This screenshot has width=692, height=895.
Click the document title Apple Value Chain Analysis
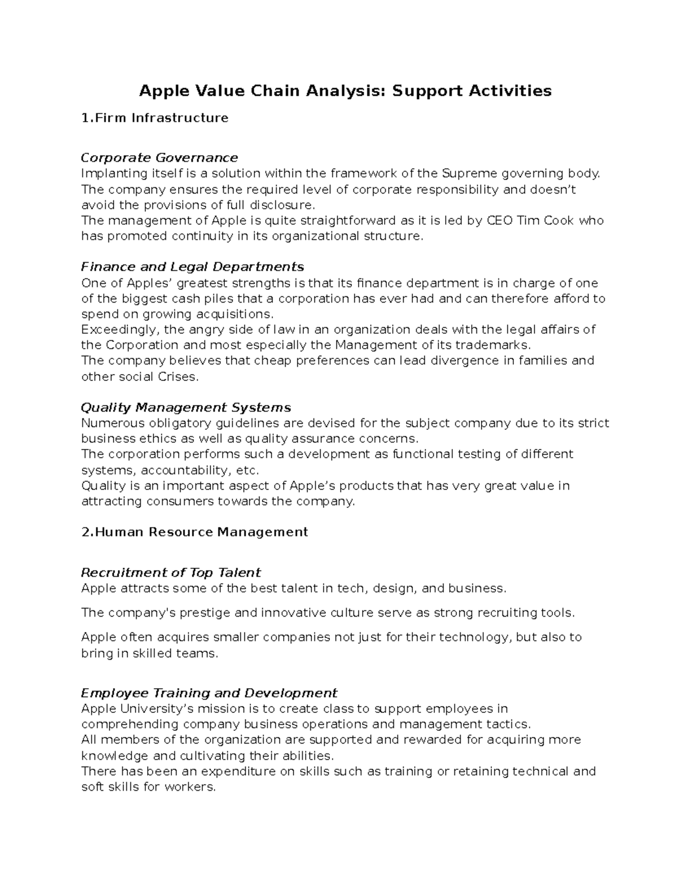(x=345, y=90)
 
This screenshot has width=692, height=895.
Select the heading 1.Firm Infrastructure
(x=155, y=118)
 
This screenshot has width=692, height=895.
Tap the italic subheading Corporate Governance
(x=159, y=157)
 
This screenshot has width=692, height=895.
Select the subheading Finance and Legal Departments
(x=192, y=267)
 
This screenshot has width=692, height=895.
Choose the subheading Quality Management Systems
(x=186, y=407)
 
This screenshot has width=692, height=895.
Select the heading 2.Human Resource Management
(x=194, y=532)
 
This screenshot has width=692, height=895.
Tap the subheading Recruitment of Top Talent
(x=171, y=572)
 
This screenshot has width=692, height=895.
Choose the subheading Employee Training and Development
(x=209, y=693)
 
